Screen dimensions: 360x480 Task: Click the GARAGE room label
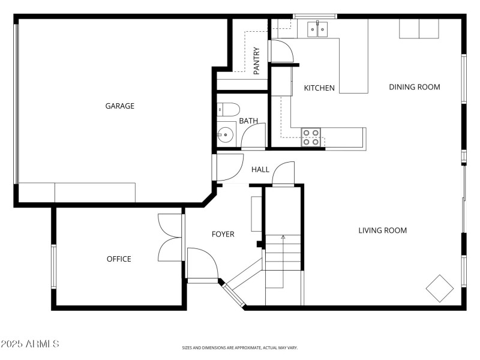click(x=120, y=106)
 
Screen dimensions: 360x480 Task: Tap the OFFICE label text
click(x=119, y=259)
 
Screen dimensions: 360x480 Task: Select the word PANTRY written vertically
click(x=257, y=61)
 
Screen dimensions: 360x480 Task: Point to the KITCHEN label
click(x=319, y=88)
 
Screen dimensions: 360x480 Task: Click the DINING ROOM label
click(x=415, y=87)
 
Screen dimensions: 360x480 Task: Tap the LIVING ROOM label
click(x=383, y=230)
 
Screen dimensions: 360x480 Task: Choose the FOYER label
click(x=223, y=234)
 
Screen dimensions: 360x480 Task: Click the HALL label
click(x=260, y=170)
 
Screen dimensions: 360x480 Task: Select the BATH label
click(x=248, y=121)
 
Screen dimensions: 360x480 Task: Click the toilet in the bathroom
click(x=229, y=109)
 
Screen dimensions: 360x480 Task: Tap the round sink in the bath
click(x=226, y=134)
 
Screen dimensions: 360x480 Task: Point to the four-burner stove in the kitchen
click(x=311, y=137)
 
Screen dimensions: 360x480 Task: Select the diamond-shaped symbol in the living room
click(x=440, y=289)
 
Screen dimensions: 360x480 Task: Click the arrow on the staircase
click(x=283, y=238)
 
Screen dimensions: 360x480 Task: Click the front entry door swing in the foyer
click(x=201, y=264)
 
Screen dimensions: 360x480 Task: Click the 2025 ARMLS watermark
click(x=30, y=344)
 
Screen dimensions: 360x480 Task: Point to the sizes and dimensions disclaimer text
click(x=240, y=347)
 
